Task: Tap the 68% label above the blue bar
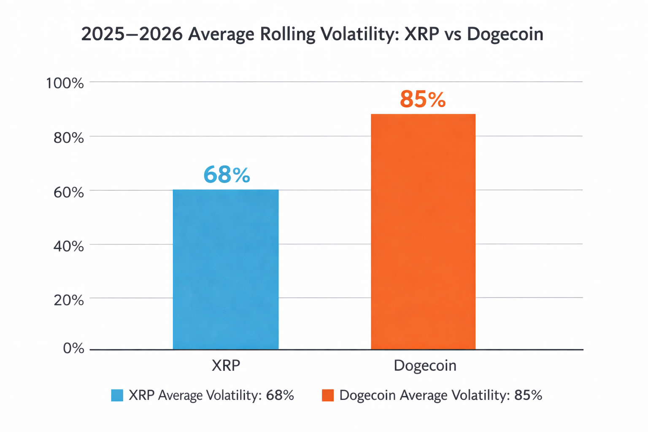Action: (x=227, y=175)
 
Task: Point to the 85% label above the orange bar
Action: (x=423, y=100)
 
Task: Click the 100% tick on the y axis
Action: (x=65, y=83)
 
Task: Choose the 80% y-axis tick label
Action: (x=69, y=138)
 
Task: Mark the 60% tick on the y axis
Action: (x=69, y=192)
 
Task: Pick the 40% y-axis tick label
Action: (x=69, y=246)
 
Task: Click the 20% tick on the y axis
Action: (x=69, y=300)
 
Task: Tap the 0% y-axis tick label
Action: (x=73, y=348)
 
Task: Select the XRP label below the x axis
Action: (x=226, y=365)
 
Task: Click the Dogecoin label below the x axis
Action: (x=425, y=365)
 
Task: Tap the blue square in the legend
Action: (x=117, y=395)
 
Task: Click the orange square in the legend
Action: (x=328, y=395)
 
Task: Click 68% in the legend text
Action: (x=280, y=395)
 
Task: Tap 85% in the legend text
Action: (x=528, y=395)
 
